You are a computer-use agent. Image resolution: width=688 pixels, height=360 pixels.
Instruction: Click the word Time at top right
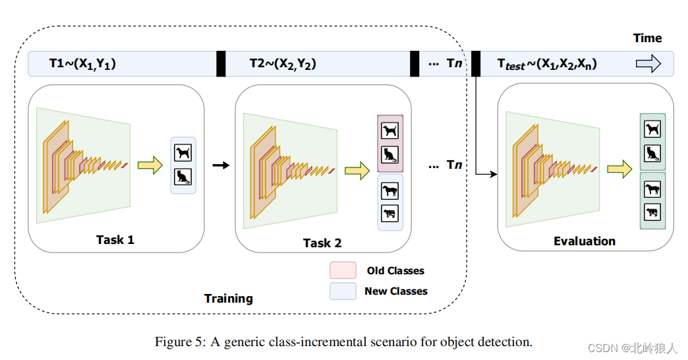click(x=647, y=38)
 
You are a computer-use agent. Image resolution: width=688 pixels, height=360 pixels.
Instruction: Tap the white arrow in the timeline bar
click(x=647, y=63)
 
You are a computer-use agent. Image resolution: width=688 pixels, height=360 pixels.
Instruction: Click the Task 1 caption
click(x=115, y=239)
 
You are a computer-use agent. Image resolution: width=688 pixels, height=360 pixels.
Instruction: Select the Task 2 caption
click(x=322, y=243)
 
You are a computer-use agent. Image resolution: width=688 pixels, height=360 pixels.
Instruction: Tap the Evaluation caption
click(x=585, y=241)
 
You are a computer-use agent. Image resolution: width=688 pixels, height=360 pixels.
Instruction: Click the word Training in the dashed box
click(x=228, y=298)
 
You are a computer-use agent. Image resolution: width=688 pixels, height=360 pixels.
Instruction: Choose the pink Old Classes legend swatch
click(x=343, y=270)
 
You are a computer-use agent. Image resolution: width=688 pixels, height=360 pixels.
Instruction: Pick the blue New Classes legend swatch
click(x=343, y=291)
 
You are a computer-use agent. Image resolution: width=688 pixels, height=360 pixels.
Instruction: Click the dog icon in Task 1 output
click(x=183, y=154)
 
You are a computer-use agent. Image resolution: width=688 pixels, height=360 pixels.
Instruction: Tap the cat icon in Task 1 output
click(x=183, y=177)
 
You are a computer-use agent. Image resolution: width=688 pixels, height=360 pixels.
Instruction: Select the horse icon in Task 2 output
click(x=389, y=191)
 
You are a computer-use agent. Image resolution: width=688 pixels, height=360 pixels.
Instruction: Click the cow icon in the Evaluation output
click(x=652, y=212)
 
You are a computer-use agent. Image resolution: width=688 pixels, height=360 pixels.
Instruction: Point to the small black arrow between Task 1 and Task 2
click(x=221, y=165)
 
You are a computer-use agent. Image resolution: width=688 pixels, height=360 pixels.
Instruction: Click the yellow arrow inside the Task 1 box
click(x=150, y=165)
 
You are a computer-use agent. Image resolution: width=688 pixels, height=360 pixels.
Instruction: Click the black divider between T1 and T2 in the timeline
click(x=221, y=64)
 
